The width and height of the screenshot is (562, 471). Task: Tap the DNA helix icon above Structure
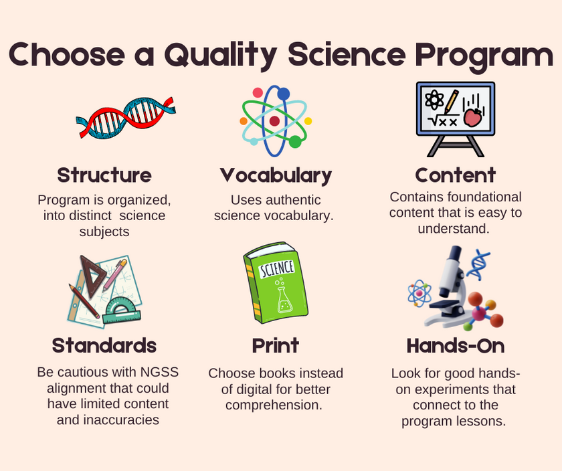tap(125, 118)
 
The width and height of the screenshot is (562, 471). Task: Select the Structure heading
tap(104, 175)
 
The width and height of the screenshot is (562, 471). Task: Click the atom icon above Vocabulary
tap(275, 120)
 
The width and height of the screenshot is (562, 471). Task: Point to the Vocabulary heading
tap(276, 175)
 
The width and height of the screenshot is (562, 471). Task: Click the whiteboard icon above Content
tap(455, 117)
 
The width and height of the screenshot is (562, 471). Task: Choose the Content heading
tap(455, 175)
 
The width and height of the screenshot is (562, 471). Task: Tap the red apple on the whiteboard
tap(472, 118)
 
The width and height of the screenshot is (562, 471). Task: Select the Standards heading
tap(104, 345)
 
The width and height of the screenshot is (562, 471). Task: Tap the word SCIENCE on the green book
tap(276, 269)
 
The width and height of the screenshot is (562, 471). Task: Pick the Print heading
tap(275, 345)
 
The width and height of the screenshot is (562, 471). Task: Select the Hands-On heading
tap(455, 345)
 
